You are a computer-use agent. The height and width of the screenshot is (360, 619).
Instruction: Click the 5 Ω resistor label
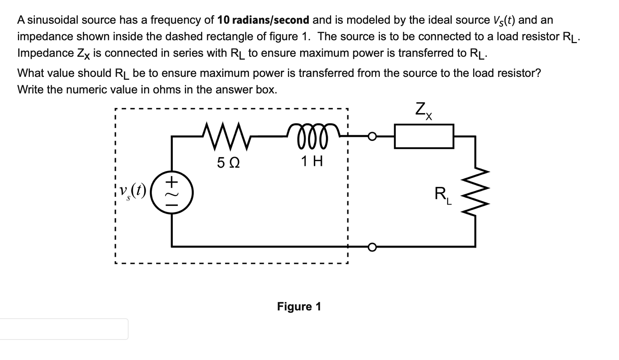click(x=228, y=163)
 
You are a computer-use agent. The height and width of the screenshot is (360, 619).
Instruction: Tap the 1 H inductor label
click(x=312, y=161)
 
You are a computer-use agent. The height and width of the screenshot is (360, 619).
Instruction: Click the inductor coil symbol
click(x=312, y=135)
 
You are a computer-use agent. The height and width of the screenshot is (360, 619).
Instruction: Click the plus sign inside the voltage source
click(x=172, y=182)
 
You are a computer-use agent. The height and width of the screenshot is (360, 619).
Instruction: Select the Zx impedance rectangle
click(x=424, y=136)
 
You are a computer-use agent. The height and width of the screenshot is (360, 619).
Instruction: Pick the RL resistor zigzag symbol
click(x=476, y=192)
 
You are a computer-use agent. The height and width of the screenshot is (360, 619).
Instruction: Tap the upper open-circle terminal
click(x=372, y=136)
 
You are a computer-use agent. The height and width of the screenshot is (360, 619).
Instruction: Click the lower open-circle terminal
click(x=372, y=247)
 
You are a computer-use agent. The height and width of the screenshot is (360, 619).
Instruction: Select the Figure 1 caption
click(x=299, y=306)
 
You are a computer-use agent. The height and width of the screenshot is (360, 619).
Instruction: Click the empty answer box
click(x=64, y=329)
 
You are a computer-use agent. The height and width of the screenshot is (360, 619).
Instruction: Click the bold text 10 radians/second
click(x=263, y=20)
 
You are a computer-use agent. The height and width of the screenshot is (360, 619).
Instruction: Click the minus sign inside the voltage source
click(x=172, y=205)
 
